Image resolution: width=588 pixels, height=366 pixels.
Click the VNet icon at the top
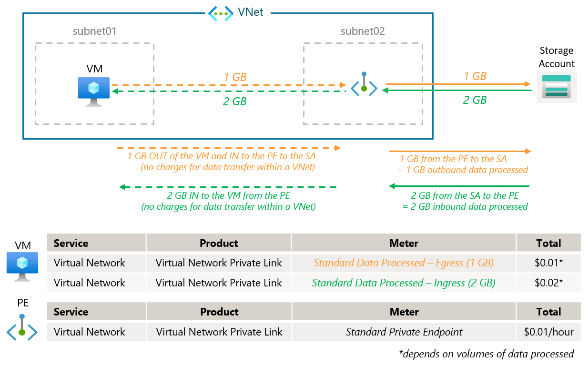point(221,13)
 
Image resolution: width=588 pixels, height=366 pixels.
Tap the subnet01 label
point(95,31)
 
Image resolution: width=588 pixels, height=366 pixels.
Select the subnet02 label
point(363,31)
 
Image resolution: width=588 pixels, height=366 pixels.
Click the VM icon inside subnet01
point(94,91)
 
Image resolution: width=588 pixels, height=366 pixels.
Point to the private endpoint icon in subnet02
point(364,85)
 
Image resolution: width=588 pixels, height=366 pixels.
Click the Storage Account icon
point(557,87)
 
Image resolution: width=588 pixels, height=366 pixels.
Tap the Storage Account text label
point(557,57)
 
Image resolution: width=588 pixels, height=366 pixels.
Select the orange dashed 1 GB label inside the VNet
point(235,77)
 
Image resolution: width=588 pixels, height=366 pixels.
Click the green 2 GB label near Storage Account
point(475,100)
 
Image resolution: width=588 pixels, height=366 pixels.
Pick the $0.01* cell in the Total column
point(548,263)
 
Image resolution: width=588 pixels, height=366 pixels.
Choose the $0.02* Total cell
point(548,283)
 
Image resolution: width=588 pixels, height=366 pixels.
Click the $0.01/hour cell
point(548,332)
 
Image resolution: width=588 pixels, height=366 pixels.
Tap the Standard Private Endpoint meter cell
point(404,332)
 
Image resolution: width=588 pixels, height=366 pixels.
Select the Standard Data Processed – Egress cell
point(404,263)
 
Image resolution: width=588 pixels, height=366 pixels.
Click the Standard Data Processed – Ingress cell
point(404,283)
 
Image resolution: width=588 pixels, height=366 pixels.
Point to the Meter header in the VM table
point(404,243)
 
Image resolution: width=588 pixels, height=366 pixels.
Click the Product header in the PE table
point(219,312)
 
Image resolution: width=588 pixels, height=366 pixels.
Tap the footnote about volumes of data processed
point(486,354)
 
